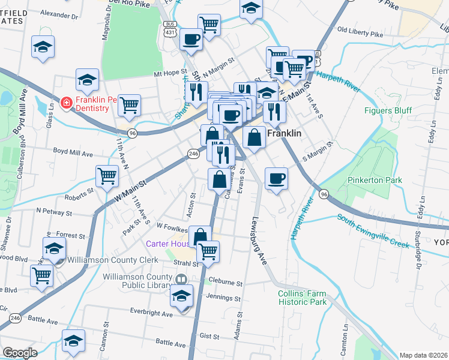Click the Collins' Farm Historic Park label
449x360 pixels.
point(302,298)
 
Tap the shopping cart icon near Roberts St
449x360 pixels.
point(107,176)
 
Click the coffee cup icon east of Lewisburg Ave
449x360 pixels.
point(276,178)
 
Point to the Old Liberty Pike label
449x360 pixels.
point(360,32)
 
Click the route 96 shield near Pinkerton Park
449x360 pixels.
point(324,194)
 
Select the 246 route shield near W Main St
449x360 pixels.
point(193,154)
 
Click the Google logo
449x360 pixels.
point(20,353)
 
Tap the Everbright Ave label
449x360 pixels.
point(151,313)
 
